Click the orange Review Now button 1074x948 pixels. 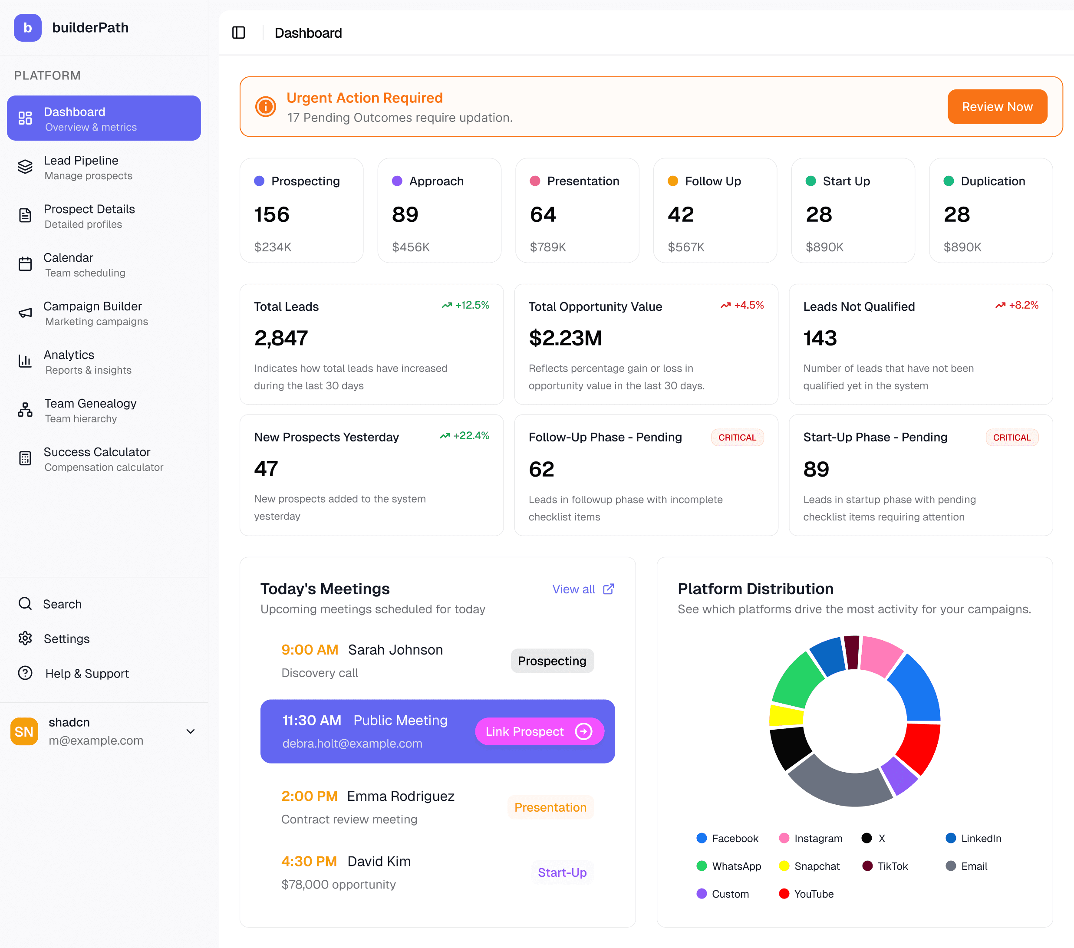coord(997,107)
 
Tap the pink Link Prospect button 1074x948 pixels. coord(539,731)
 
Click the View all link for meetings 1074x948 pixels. coord(582,589)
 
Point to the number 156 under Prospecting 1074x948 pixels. coord(272,214)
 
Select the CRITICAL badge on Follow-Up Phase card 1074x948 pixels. coord(737,437)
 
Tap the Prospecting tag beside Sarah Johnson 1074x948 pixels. coord(552,661)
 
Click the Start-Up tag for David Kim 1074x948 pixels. coord(562,872)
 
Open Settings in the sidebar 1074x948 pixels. coord(66,639)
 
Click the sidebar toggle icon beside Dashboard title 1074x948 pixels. coord(239,33)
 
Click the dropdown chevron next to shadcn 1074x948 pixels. coord(191,731)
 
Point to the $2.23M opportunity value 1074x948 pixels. coord(565,338)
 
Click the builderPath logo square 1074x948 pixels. coord(27,28)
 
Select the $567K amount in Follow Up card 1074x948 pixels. coord(686,247)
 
